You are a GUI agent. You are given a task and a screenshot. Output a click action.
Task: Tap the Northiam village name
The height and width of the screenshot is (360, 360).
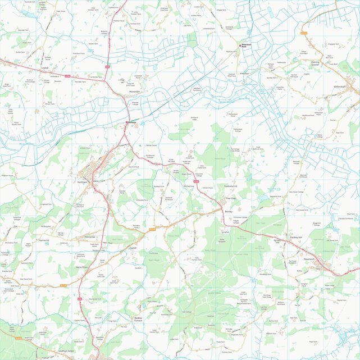tap(83, 183)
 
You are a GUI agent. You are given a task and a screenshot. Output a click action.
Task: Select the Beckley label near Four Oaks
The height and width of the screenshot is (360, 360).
tap(229, 211)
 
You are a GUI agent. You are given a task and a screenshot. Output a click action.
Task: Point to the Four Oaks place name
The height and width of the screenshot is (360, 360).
tap(231, 198)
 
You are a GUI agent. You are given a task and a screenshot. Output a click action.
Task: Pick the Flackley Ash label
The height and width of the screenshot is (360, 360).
tap(296, 238)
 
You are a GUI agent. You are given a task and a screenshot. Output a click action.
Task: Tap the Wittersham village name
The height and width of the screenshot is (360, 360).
tap(341, 87)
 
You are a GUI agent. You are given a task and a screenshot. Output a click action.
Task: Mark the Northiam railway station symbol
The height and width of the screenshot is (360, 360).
tap(128, 122)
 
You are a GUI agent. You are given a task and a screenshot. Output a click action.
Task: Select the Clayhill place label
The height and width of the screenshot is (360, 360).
tap(133, 248)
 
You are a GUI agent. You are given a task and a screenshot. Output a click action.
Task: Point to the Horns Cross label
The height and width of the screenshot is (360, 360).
tap(83, 267)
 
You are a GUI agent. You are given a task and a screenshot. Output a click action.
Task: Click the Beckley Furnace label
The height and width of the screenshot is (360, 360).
tap(139, 320)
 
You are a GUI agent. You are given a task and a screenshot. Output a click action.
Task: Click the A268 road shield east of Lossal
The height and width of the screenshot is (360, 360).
tap(68, 75)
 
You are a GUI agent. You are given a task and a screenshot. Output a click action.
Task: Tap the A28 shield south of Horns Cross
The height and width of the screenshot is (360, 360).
tap(79, 298)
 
